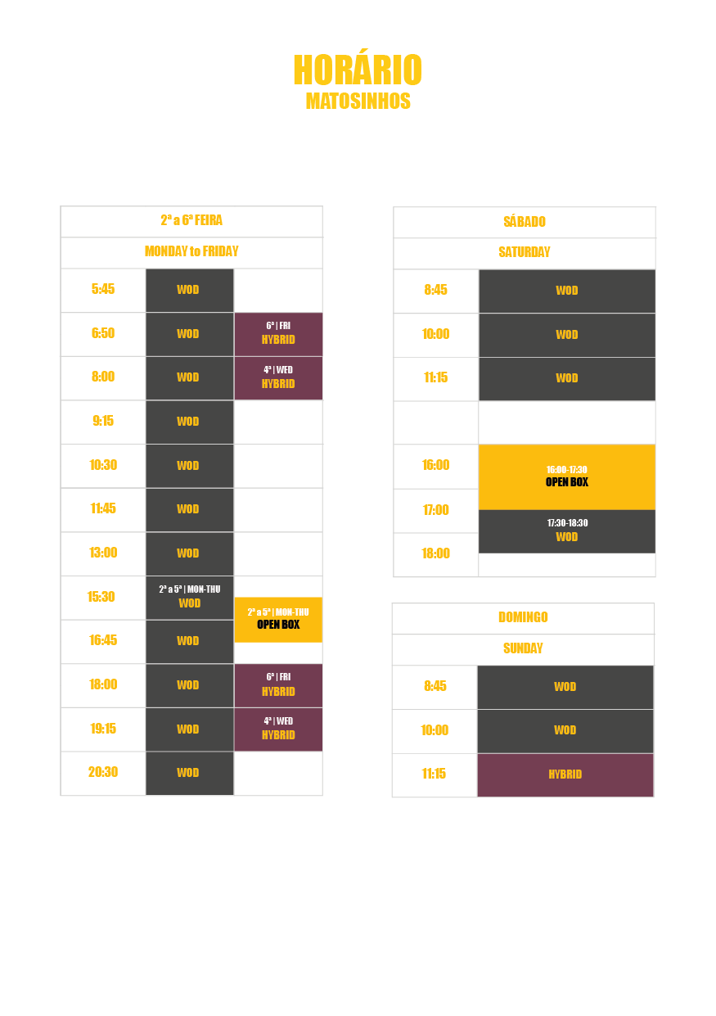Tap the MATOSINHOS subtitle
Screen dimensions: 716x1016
[x=358, y=102]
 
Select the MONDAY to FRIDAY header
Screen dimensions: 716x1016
[x=191, y=251]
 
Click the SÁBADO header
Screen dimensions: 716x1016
[x=525, y=221]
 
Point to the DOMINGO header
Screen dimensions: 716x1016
[x=523, y=617]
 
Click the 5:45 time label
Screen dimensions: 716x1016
[x=103, y=289]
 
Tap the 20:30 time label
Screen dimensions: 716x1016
[x=103, y=772]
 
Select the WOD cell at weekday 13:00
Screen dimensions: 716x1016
[x=190, y=553]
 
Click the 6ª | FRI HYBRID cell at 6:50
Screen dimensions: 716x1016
[x=278, y=334]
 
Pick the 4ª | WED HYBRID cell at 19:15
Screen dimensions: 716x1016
[x=278, y=729]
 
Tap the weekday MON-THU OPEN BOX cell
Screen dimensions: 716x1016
[x=278, y=620]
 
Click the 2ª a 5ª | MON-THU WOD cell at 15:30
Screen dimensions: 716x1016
[x=190, y=598]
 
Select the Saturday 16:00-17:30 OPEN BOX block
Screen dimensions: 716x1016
[x=567, y=477]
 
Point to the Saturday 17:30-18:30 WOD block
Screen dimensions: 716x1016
[x=567, y=531]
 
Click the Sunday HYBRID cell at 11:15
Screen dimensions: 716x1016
[x=565, y=775]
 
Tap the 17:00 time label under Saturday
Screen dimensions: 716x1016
[x=436, y=510]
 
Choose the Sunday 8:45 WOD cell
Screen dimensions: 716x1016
[x=565, y=687]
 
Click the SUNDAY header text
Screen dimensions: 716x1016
[x=523, y=648]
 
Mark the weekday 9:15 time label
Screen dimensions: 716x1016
[x=103, y=421]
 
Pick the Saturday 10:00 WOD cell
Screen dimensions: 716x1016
[x=567, y=335]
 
